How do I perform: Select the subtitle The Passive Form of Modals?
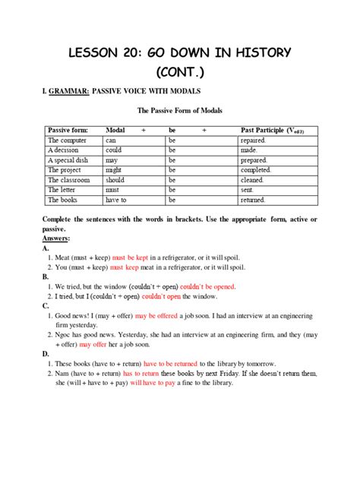click(179, 111)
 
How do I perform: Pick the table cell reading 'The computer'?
click(65, 141)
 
